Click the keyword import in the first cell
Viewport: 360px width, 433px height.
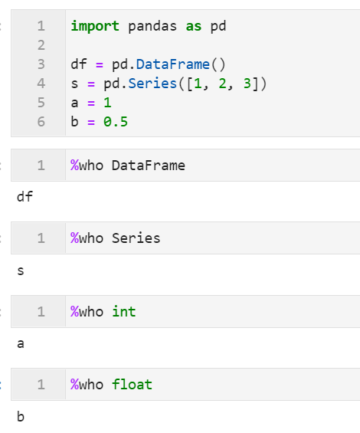click(x=95, y=27)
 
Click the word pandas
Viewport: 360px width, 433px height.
click(x=152, y=27)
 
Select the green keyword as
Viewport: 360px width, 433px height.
click(x=194, y=27)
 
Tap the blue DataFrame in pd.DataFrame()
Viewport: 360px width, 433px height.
click(x=173, y=64)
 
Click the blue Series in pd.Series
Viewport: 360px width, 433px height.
click(x=152, y=84)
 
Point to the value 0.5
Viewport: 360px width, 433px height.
click(x=116, y=122)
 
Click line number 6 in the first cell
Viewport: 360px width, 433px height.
click(x=41, y=122)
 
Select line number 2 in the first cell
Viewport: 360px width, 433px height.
click(x=41, y=45)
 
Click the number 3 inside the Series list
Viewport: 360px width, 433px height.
click(x=247, y=84)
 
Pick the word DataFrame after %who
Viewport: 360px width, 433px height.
click(x=149, y=166)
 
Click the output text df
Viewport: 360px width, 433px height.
click(x=25, y=197)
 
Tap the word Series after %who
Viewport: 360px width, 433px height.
click(x=136, y=238)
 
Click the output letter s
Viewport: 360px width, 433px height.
click(x=21, y=271)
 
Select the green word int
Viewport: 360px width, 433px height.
click(x=123, y=312)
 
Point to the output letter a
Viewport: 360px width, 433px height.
click(x=21, y=344)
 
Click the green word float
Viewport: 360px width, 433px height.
click(x=132, y=385)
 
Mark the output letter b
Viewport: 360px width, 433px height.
click(x=21, y=416)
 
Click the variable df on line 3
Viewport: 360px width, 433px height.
click(x=79, y=64)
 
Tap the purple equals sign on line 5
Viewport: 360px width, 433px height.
click(x=91, y=103)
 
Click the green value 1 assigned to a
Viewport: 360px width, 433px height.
click(x=107, y=103)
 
